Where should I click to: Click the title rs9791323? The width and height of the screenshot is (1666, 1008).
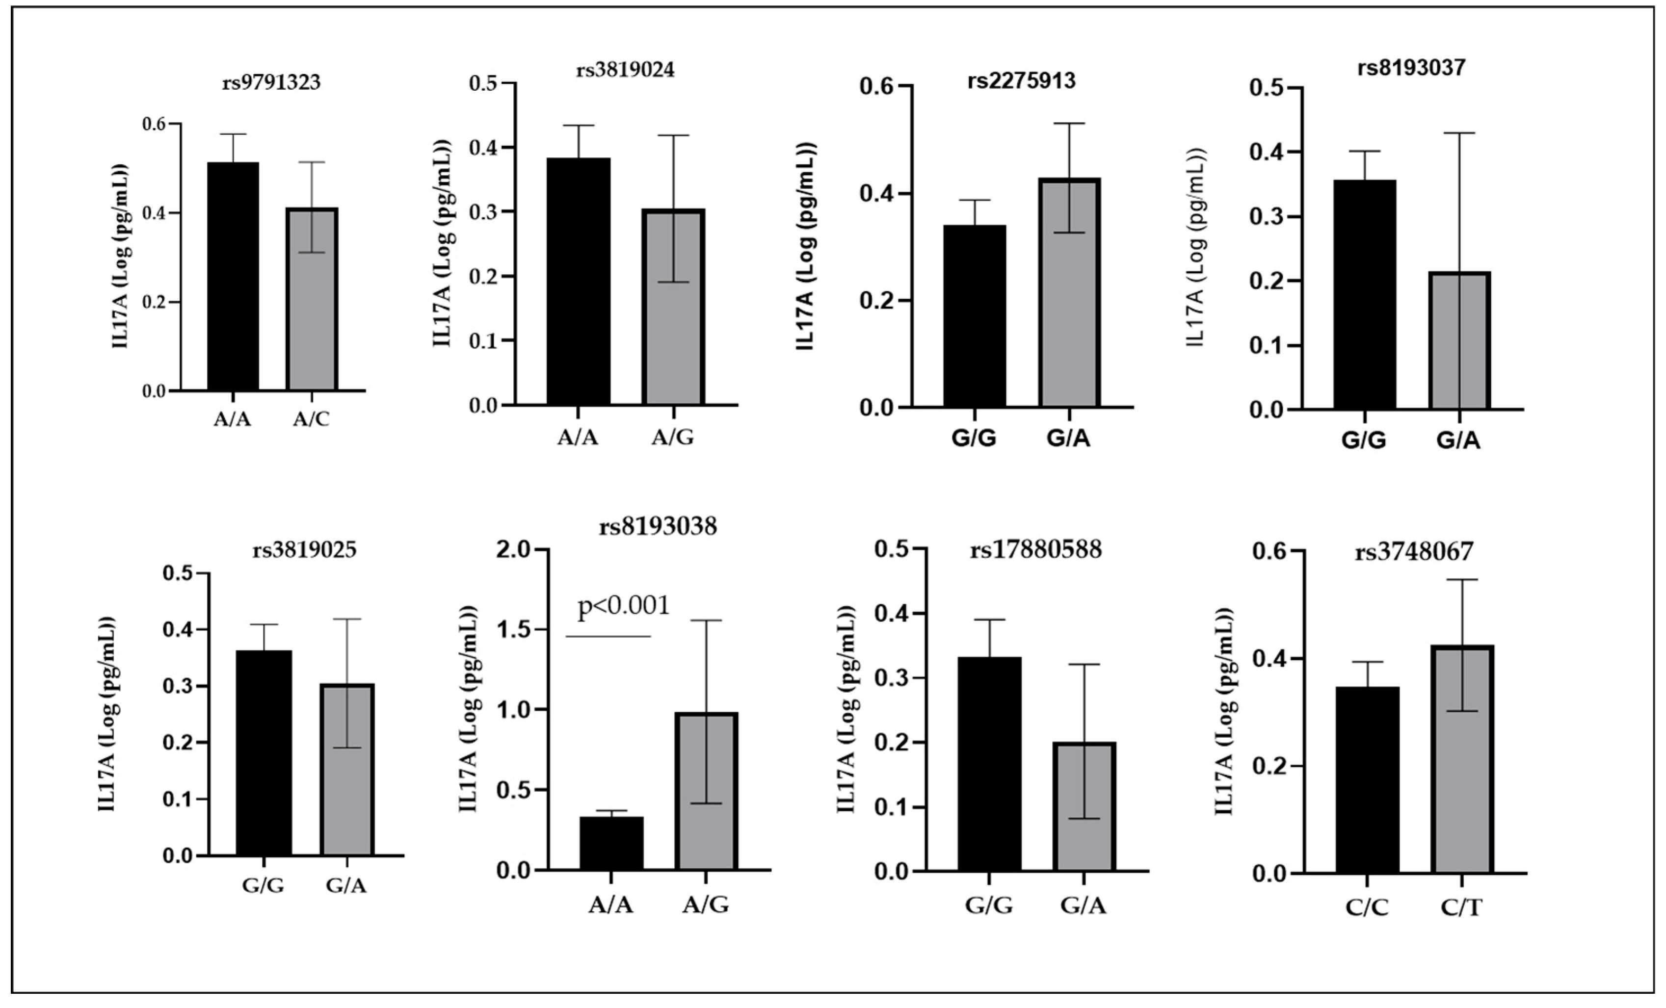click(271, 82)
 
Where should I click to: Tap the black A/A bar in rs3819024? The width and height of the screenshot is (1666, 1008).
click(578, 281)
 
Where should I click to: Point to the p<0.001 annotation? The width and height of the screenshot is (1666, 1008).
click(623, 605)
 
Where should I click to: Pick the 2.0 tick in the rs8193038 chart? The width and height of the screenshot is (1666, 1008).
click(515, 550)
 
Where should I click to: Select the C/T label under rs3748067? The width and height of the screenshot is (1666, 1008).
click(1461, 908)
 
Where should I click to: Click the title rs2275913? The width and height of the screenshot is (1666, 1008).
click(1021, 80)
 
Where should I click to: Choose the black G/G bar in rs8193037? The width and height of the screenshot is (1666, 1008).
click(1364, 295)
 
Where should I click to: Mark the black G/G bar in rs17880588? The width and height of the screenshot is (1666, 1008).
click(989, 764)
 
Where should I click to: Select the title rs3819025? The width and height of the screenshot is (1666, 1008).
click(304, 550)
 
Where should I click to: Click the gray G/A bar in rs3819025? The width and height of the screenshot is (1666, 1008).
click(347, 770)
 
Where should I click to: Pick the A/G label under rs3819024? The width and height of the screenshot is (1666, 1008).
click(672, 438)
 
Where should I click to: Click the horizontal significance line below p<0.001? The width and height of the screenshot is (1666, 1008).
click(608, 636)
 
